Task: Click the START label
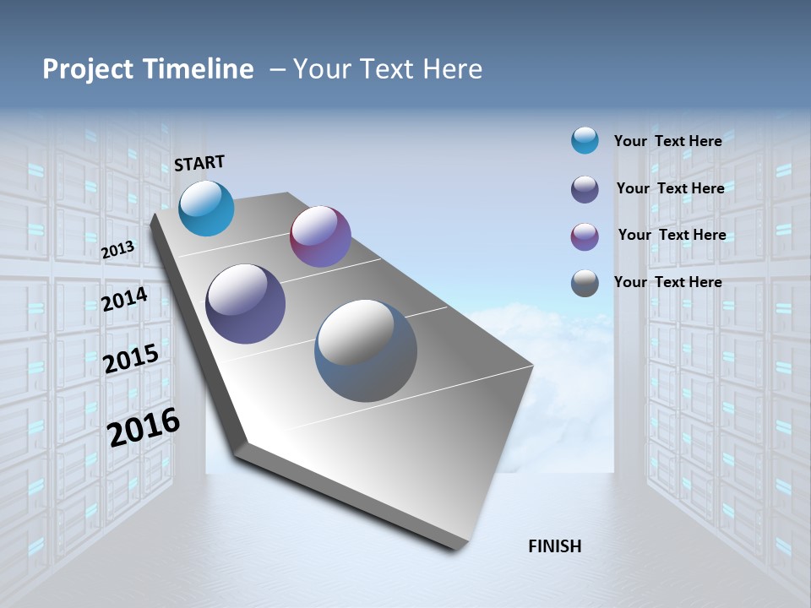pos(199,163)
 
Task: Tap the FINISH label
pos(554,546)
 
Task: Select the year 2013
pos(117,249)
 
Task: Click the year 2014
pos(124,299)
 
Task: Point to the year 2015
pos(130,358)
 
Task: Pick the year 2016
pos(144,426)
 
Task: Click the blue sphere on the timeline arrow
pos(207,209)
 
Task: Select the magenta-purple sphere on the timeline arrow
pos(320,236)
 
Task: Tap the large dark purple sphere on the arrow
pos(245,304)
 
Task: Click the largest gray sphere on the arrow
pos(366,350)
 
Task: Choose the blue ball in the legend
pos(585,140)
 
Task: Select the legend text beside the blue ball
pos(667,141)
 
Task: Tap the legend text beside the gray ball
pos(667,282)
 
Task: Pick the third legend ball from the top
pos(585,236)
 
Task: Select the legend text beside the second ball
pos(670,188)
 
